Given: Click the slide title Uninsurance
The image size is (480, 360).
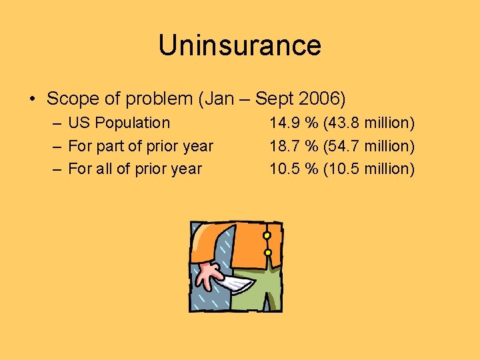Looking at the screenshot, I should pyautogui.click(x=240, y=45).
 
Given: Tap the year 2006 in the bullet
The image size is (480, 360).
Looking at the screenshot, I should pyautogui.click(x=323, y=99).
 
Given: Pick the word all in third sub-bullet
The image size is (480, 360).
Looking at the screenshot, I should pyautogui.click(x=104, y=169).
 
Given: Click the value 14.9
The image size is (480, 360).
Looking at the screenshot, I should pyautogui.click(x=284, y=123).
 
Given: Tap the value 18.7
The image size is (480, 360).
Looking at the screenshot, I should pyautogui.click(x=284, y=146).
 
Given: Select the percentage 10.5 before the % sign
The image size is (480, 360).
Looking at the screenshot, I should pyautogui.click(x=284, y=169).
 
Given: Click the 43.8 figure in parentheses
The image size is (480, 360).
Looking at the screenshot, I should pyautogui.click(x=344, y=123).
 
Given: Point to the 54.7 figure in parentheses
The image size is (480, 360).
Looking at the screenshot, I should pyautogui.click(x=344, y=146).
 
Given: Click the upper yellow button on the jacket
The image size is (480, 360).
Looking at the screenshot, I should pyautogui.click(x=267, y=235).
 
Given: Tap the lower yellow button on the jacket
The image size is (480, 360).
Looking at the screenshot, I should pyautogui.click(x=267, y=253).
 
